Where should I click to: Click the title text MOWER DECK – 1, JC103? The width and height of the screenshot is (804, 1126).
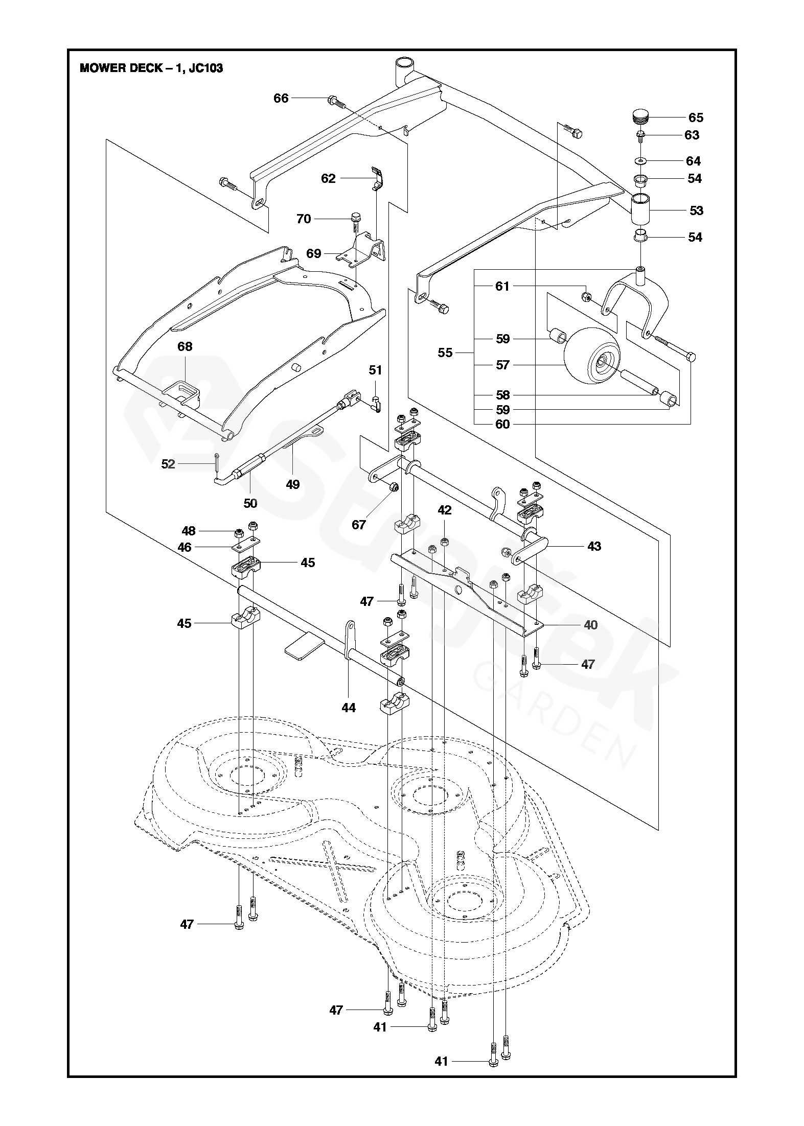[x=151, y=68]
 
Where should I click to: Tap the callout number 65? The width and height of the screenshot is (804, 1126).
[x=696, y=118]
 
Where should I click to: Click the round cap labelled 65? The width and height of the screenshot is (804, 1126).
[x=641, y=115]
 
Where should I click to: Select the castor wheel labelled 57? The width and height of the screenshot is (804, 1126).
[x=592, y=356]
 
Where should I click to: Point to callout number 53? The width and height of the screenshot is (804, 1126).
[x=696, y=210]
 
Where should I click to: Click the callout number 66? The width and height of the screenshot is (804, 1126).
[x=281, y=98]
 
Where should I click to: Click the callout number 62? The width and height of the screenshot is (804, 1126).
[x=328, y=178]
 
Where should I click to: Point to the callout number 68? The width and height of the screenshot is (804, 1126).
[x=185, y=346]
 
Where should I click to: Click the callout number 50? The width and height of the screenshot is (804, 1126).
[x=250, y=503]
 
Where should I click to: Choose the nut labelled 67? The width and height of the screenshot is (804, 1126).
[x=394, y=487]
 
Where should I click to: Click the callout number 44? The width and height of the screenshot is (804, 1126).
[x=349, y=708]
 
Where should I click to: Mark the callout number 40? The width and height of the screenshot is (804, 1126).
[x=590, y=625]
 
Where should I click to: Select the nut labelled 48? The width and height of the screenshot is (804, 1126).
[x=239, y=534]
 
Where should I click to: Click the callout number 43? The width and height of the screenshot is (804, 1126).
[x=594, y=546]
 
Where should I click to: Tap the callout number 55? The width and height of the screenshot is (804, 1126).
[x=445, y=353]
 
